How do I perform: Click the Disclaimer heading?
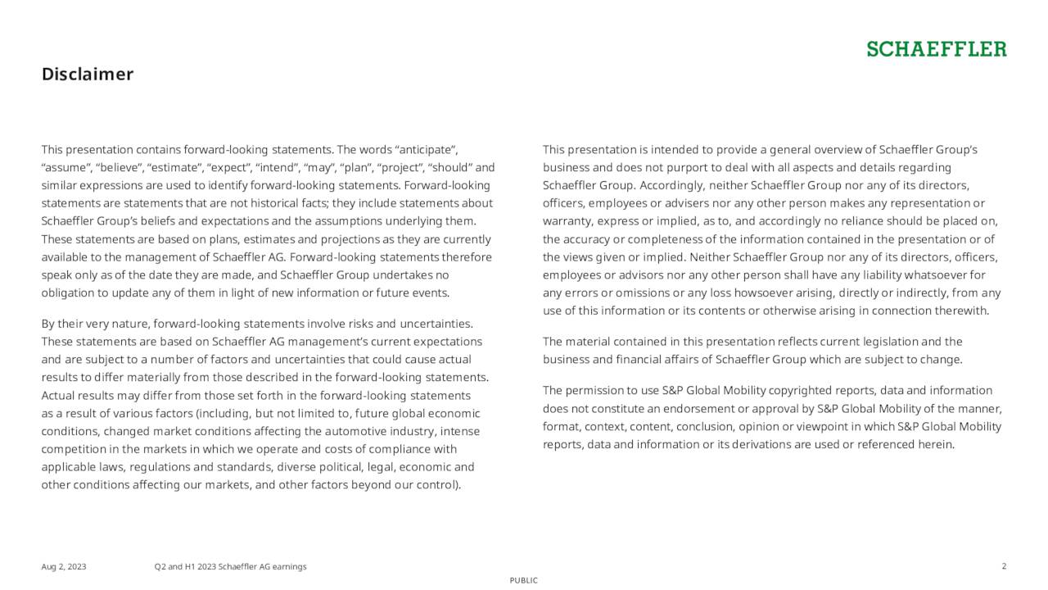88,75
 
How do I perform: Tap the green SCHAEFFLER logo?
937,50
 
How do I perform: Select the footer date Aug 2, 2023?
64,567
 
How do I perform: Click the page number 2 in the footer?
1004,566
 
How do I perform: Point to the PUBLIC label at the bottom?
524,580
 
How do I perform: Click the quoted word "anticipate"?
426,150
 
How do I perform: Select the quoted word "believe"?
120,168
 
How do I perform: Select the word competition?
74,450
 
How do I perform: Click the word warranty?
567,221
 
